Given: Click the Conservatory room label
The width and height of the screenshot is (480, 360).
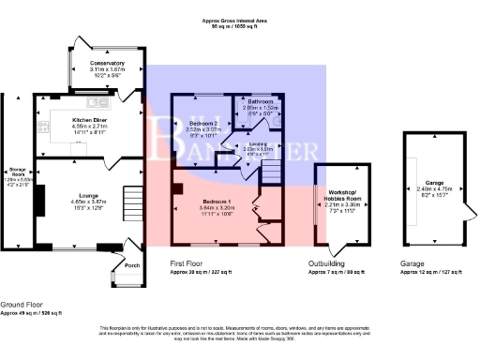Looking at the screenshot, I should tap(108, 63).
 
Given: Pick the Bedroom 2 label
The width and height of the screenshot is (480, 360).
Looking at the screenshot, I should tap(204, 124).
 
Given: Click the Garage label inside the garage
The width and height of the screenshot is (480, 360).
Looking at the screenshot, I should tap(433, 181).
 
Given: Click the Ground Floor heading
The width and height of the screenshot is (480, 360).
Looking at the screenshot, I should tap(23, 306).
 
